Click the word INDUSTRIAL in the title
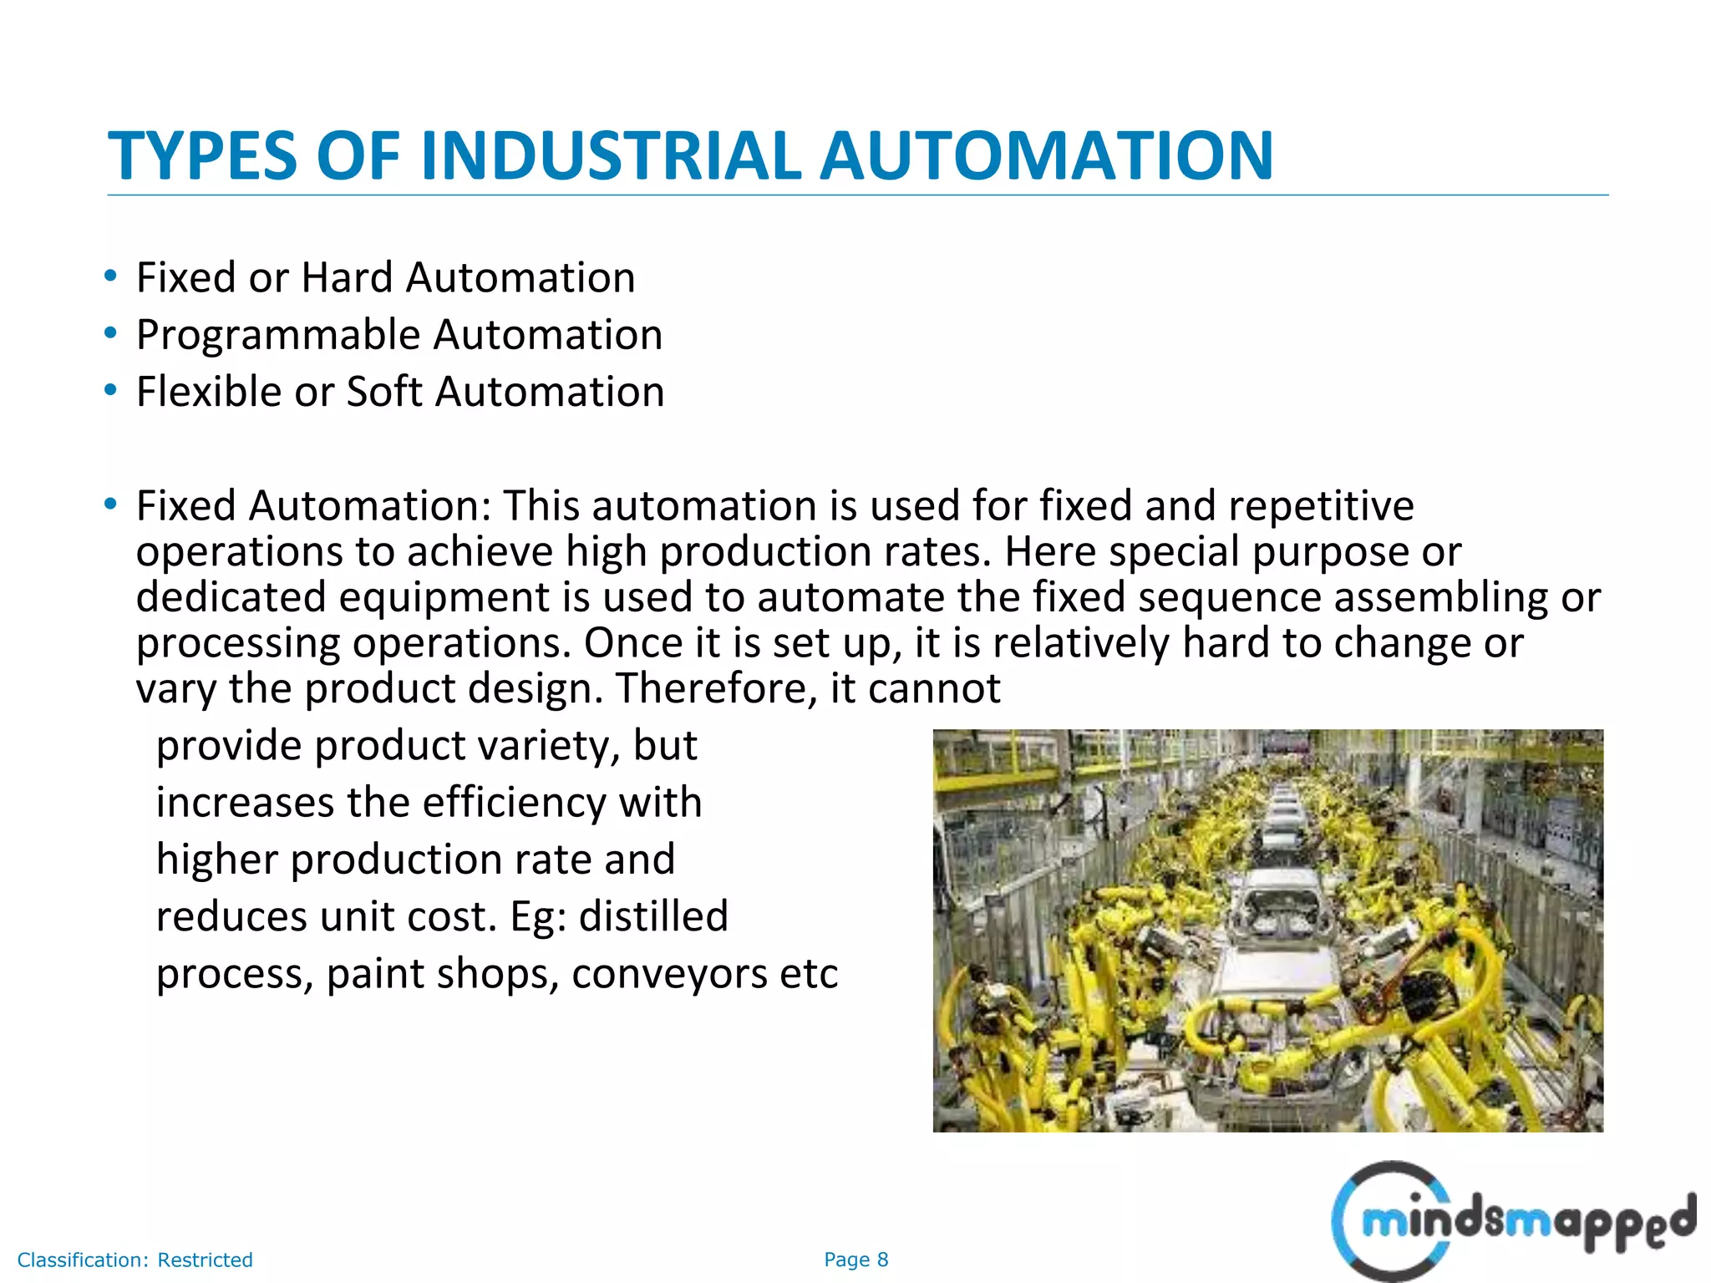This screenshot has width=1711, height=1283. click(612, 155)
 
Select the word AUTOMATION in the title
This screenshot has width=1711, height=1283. click(1046, 155)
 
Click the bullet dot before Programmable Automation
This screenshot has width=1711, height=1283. click(110, 333)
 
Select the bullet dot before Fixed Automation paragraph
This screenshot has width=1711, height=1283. click(110, 505)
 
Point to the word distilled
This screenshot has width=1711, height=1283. click(653, 916)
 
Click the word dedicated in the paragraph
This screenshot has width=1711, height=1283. click(231, 597)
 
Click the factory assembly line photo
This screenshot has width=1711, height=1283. click(1267, 931)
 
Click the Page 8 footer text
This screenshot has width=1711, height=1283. click(855, 1260)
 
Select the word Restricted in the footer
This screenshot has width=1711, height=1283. click(205, 1260)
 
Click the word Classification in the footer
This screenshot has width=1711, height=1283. click(83, 1260)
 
